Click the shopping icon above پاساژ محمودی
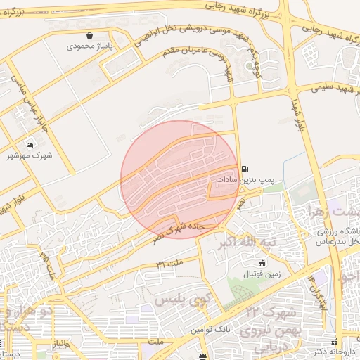point(89,34)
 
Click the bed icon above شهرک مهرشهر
point(30,145)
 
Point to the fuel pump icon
point(244,169)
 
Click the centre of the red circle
point(179,179)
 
